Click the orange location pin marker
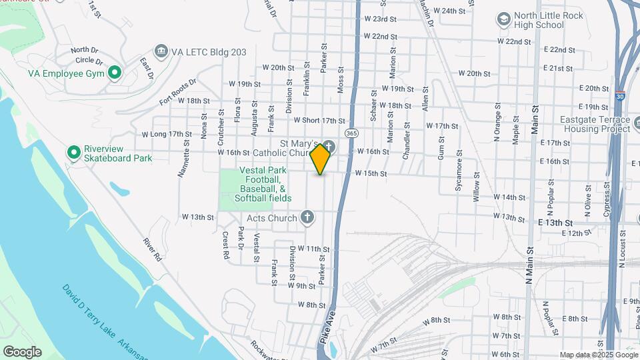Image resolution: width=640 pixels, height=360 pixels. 321,159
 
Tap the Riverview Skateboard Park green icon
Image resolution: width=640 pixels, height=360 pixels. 74,153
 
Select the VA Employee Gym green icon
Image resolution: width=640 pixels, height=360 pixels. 114,72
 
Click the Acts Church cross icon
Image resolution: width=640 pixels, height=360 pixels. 307,217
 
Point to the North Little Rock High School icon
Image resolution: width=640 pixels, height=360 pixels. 503,20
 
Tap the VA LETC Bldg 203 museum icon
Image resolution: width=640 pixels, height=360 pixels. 160,51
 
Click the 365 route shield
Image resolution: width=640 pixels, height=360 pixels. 351,133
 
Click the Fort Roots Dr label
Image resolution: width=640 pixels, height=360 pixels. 178,92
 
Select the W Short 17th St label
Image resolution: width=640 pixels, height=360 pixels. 319,121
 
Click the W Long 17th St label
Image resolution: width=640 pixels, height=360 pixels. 167,134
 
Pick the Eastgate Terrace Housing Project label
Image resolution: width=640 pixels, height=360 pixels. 595,125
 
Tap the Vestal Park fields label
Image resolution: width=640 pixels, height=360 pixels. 263,184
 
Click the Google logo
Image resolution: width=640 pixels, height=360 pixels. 22,351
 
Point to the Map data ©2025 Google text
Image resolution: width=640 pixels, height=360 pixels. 597,355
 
